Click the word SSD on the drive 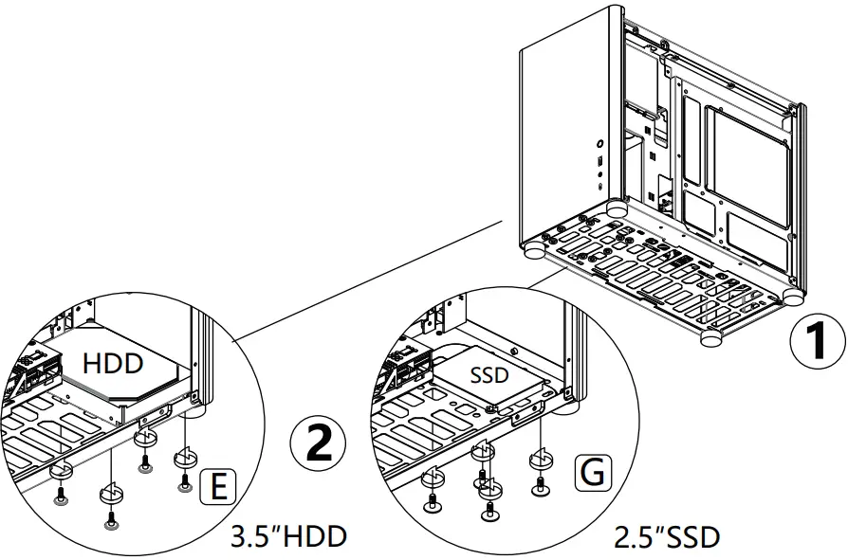point(489,375)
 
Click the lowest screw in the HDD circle point(110,519)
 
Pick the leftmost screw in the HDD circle point(61,494)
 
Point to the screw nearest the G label point(539,487)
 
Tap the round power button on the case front point(601,146)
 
